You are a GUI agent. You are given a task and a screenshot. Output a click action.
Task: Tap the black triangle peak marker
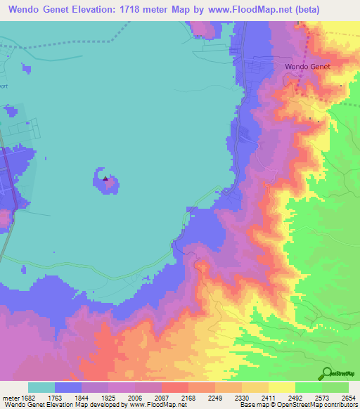pos(105,178)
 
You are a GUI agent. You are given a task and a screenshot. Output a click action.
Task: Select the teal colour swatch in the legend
pos(41,387)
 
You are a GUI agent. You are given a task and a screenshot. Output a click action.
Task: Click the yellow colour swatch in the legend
pos(281,387)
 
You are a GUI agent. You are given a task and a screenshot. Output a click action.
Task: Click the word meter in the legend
pos(10,397)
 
